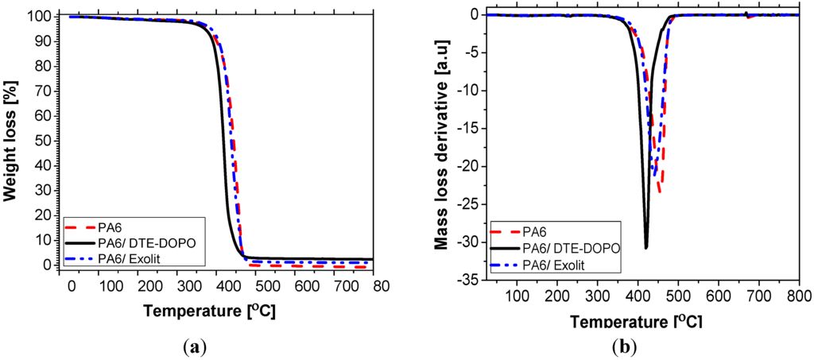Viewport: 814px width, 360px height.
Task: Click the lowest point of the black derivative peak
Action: coord(646,248)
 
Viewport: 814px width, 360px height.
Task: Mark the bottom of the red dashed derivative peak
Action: coord(660,192)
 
